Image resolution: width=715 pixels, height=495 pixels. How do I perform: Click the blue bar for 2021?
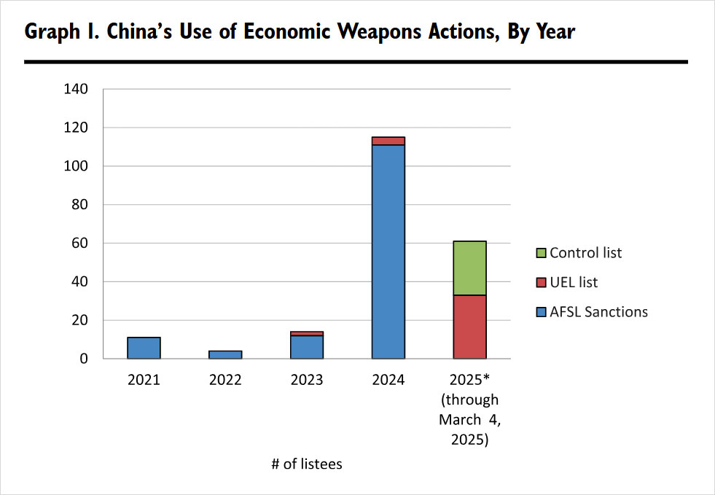click(144, 348)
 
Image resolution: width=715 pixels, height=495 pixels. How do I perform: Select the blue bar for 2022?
click(225, 354)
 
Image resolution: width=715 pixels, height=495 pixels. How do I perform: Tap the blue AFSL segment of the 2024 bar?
click(388, 252)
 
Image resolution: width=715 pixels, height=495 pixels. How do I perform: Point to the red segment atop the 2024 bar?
click(388, 141)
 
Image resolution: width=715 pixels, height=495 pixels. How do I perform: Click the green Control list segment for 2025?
click(470, 268)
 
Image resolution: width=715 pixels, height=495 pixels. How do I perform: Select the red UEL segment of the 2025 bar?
click(470, 327)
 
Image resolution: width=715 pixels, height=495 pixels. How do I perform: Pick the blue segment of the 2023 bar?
click(307, 347)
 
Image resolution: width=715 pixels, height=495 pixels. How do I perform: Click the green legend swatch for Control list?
click(541, 254)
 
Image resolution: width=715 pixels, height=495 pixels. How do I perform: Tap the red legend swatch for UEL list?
click(541, 283)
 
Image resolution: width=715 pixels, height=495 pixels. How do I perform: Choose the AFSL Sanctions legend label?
click(598, 312)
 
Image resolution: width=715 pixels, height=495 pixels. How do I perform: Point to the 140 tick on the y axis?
click(76, 90)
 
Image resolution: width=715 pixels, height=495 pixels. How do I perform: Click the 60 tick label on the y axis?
click(79, 243)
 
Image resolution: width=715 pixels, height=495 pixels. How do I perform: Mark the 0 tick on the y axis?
click(84, 359)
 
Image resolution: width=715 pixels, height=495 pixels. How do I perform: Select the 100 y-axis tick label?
click(76, 166)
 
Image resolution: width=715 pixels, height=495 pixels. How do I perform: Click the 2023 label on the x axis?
click(307, 380)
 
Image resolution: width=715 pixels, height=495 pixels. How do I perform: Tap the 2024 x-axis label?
click(388, 380)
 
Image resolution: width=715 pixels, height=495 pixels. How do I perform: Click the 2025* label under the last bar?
click(469, 380)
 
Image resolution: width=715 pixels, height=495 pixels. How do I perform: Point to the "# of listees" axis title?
click(306, 464)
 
